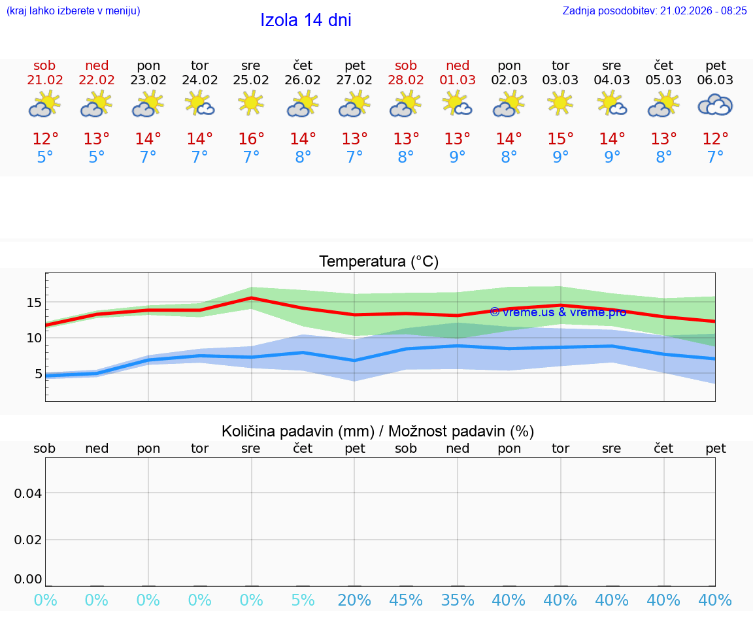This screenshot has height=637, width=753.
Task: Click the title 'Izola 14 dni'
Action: pos(305,20)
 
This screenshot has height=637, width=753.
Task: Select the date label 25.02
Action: pos(251,80)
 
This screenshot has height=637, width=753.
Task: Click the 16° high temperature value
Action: pos(251,139)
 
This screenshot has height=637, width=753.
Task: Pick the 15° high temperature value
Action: pos(560,139)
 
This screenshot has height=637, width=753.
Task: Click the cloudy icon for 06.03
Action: pos(715,105)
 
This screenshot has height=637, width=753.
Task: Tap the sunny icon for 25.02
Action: pos(251,103)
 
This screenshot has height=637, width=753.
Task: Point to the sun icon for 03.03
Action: pos(560,103)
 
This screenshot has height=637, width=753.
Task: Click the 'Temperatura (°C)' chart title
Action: pos(378,262)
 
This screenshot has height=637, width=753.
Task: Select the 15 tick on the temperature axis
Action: pos(34,302)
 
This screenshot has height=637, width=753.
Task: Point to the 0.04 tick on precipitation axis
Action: pos(28,493)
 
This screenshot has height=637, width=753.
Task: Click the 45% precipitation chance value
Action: pos(406,600)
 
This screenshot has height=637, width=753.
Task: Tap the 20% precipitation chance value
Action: pos(354,600)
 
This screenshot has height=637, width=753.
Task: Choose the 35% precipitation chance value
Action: pos(458,600)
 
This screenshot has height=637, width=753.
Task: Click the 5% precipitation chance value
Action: pos(303,600)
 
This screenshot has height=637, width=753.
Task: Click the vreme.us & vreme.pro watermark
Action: pos(558,312)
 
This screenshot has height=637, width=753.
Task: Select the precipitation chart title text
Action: pos(378,431)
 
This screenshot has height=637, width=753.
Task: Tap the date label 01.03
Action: pos(458,80)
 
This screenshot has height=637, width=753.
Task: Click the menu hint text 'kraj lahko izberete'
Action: pos(73,10)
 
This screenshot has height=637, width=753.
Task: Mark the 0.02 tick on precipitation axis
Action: pos(28,540)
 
